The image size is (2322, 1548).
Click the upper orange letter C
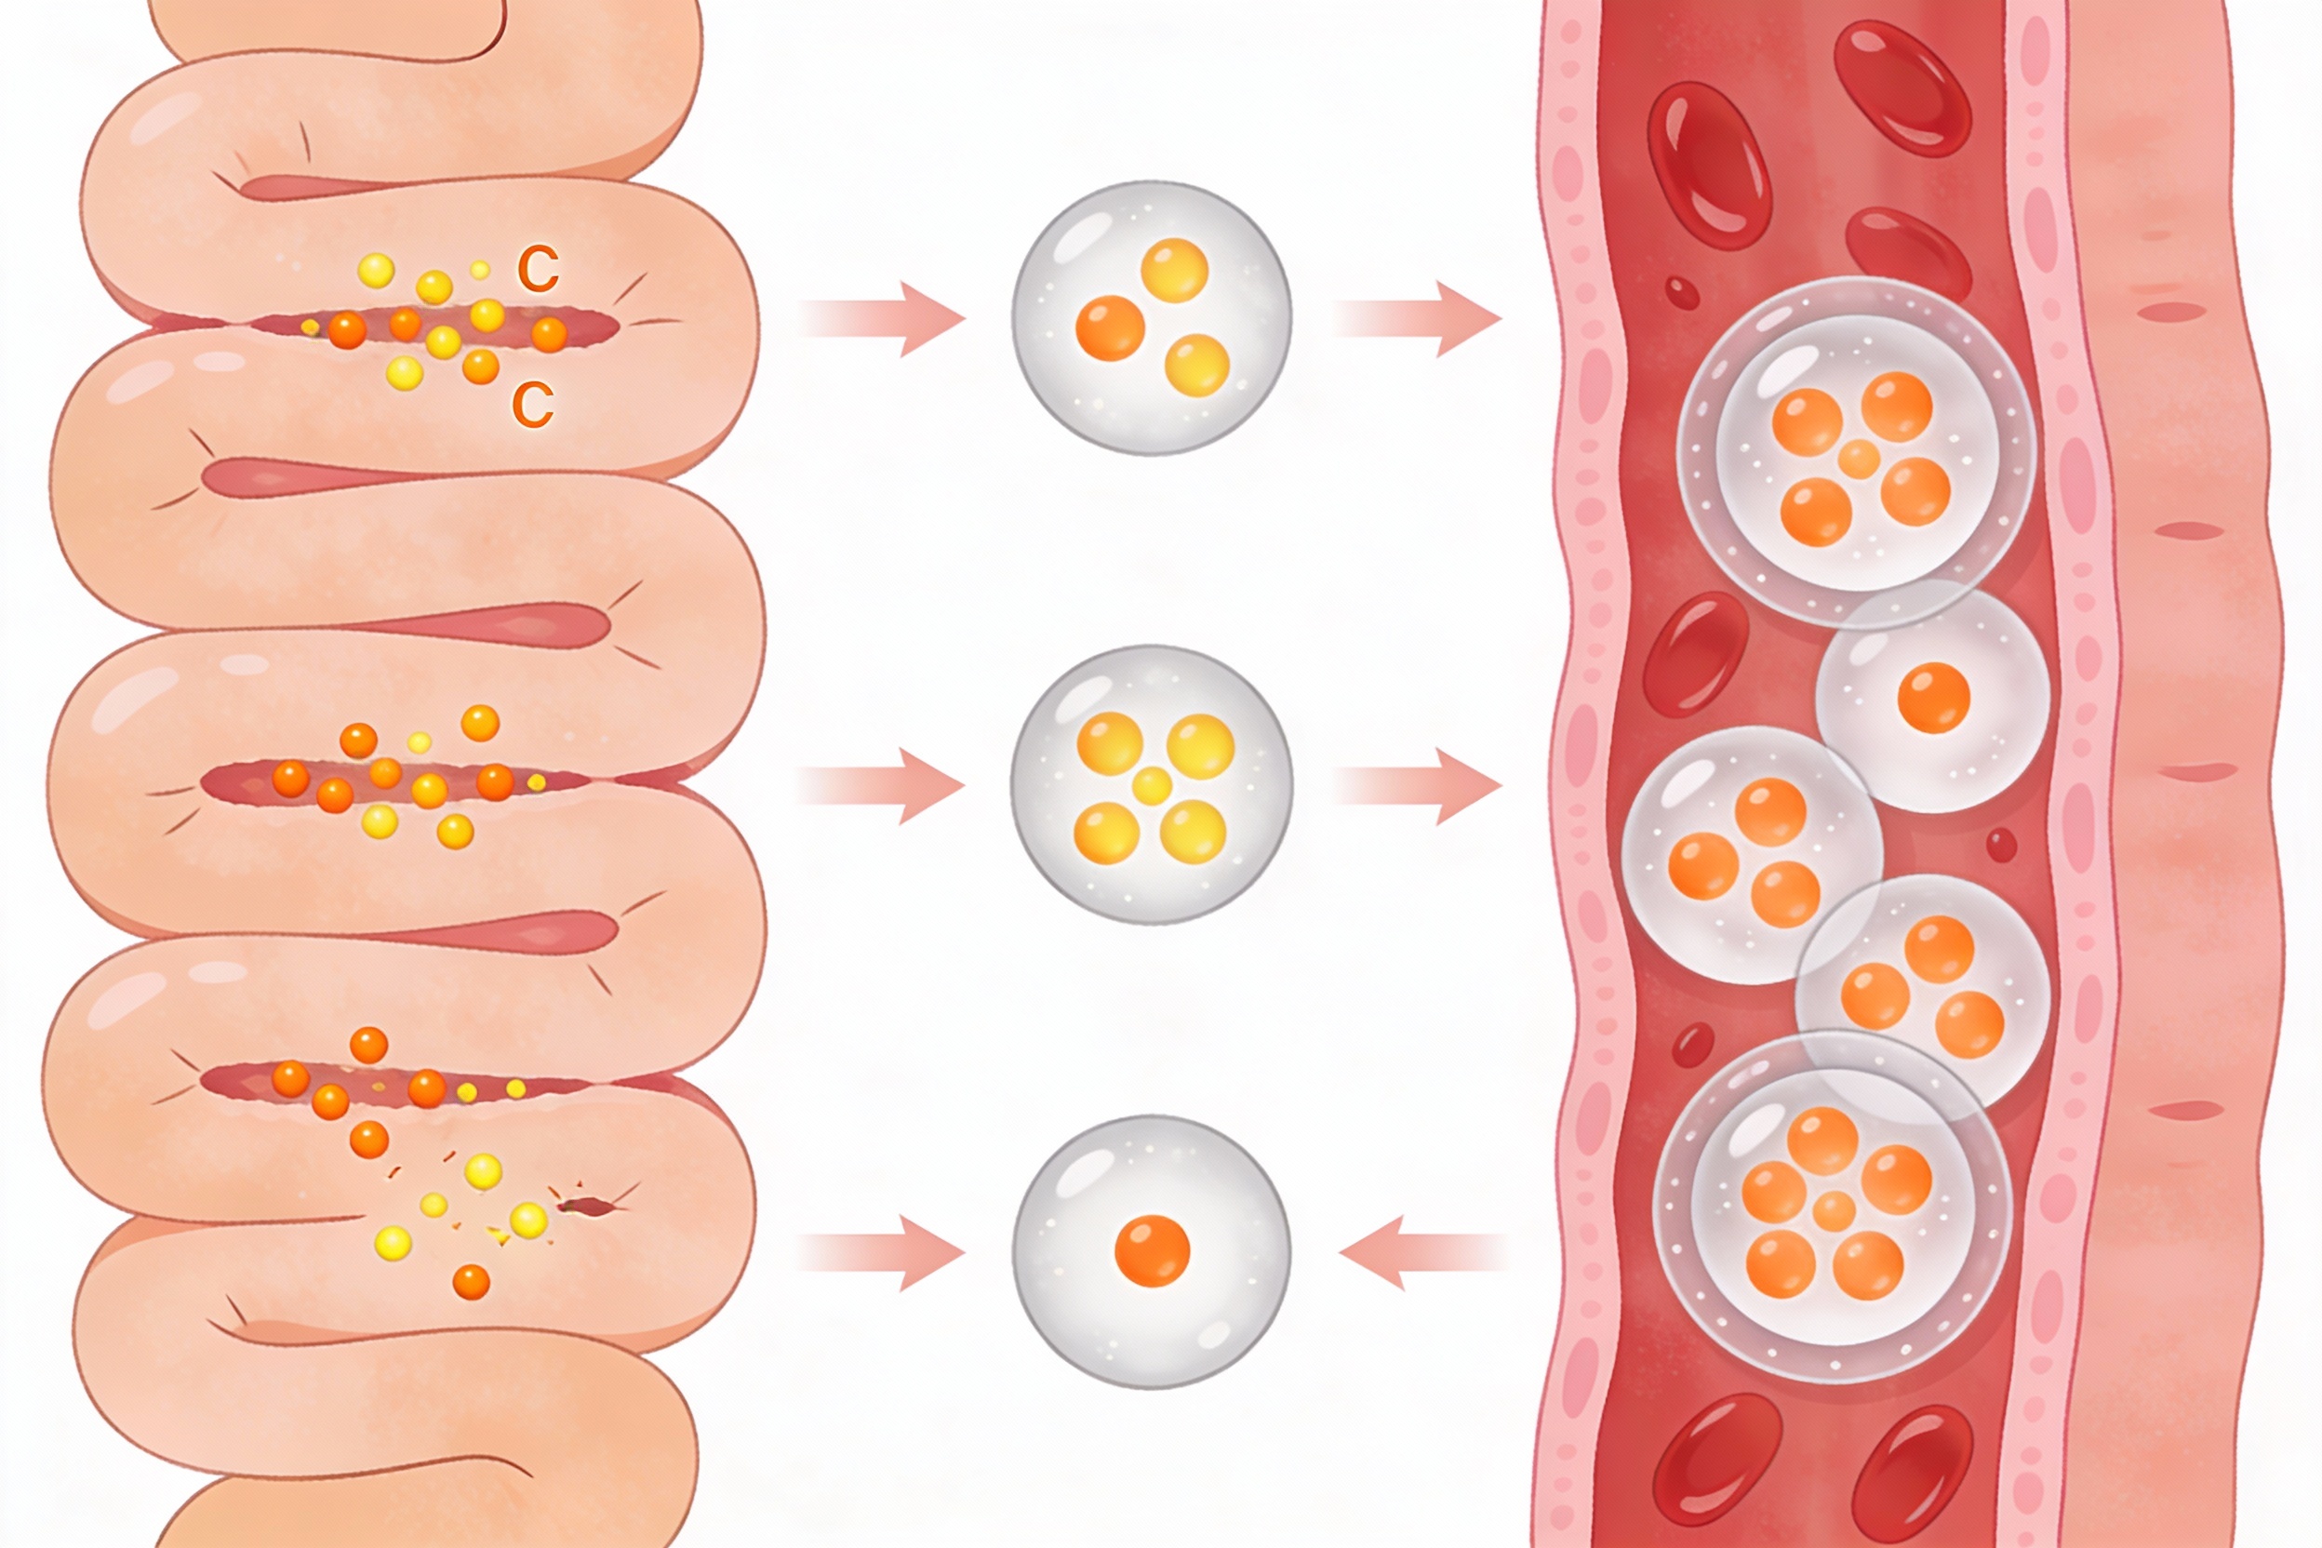coord(538,269)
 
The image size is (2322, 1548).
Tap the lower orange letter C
coord(532,405)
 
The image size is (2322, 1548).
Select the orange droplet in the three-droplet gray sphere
coord(1110,327)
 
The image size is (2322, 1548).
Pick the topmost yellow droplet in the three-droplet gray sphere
coord(1175,269)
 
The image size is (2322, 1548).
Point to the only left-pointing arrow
coord(1423,1252)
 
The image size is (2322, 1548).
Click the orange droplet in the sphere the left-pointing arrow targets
coord(1152,1251)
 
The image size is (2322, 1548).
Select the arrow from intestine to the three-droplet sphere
coord(881,319)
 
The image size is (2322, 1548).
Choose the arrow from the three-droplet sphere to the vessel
coord(1418,319)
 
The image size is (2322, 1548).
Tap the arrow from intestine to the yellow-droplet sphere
coord(881,786)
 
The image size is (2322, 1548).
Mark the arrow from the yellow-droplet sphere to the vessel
coord(1418,786)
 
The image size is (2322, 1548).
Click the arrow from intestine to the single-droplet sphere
coord(881,1252)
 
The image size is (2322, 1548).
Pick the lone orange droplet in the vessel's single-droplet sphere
coord(1933,698)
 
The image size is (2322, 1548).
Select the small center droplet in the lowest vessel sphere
coord(1835,1209)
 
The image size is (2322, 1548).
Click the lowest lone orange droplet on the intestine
coord(471,1283)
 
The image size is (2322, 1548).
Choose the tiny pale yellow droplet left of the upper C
coord(480,270)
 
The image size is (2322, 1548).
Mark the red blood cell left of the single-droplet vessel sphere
coord(1695,654)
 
